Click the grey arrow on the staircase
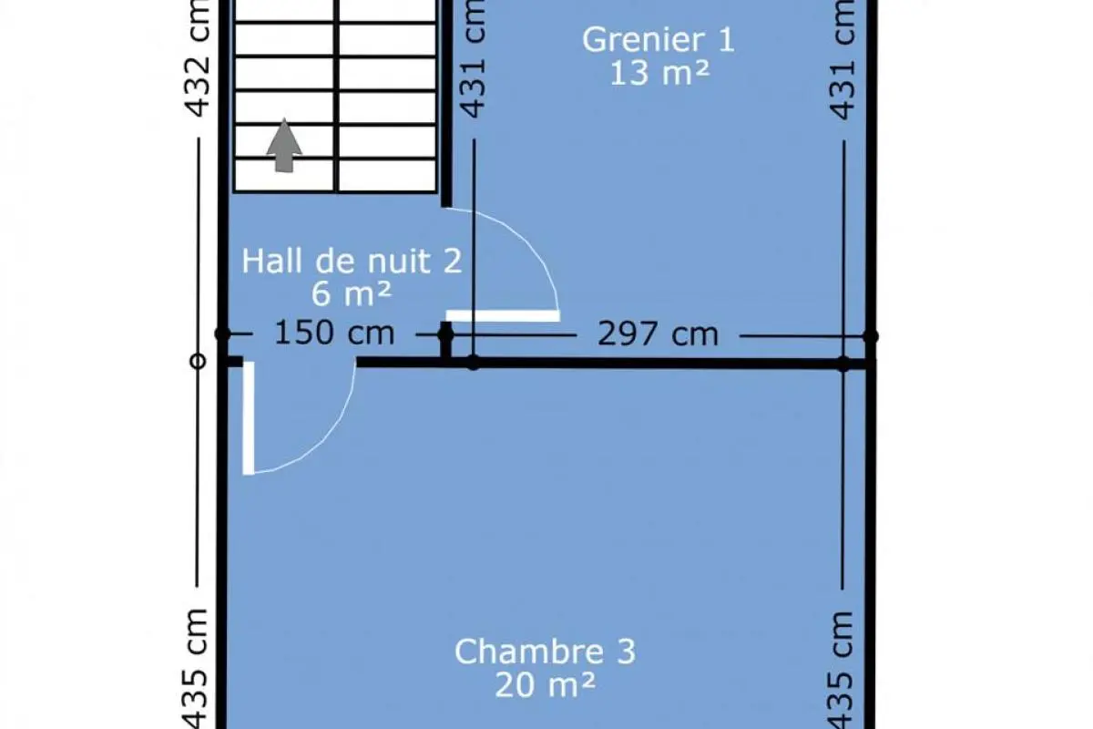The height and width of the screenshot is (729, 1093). click(x=284, y=146)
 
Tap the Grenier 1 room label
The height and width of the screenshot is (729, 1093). click(x=659, y=39)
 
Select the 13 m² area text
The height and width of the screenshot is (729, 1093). click(x=659, y=73)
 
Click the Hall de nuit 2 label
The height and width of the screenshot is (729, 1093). click(x=352, y=261)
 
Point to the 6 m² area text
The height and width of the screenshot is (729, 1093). click(x=352, y=294)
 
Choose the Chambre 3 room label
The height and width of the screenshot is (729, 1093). click(x=545, y=652)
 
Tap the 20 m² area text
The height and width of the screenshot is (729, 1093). click(x=545, y=684)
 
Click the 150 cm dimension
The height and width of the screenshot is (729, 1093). click(x=334, y=333)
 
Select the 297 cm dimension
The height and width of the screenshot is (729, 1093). click(x=658, y=334)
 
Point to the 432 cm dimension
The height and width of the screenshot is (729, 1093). click(x=199, y=58)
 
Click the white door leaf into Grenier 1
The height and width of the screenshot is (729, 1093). click(x=503, y=316)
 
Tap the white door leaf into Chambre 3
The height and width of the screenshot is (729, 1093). click(x=249, y=418)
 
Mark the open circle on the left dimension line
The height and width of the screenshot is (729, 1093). click(x=198, y=362)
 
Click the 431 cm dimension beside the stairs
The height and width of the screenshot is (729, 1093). click(x=473, y=58)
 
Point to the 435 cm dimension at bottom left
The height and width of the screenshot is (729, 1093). click(x=196, y=669)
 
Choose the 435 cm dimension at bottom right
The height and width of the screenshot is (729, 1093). click(x=841, y=670)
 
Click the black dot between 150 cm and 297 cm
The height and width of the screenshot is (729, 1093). click(x=445, y=335)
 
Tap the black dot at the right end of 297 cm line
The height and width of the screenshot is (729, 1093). click(x=871, y=336)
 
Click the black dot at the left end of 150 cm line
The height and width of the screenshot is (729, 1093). click(x=222, y=334)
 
